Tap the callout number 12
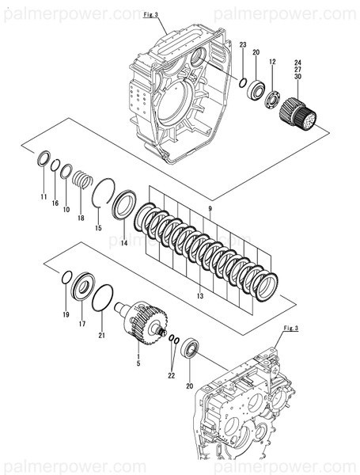(271, 62)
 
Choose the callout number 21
(101, 335)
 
